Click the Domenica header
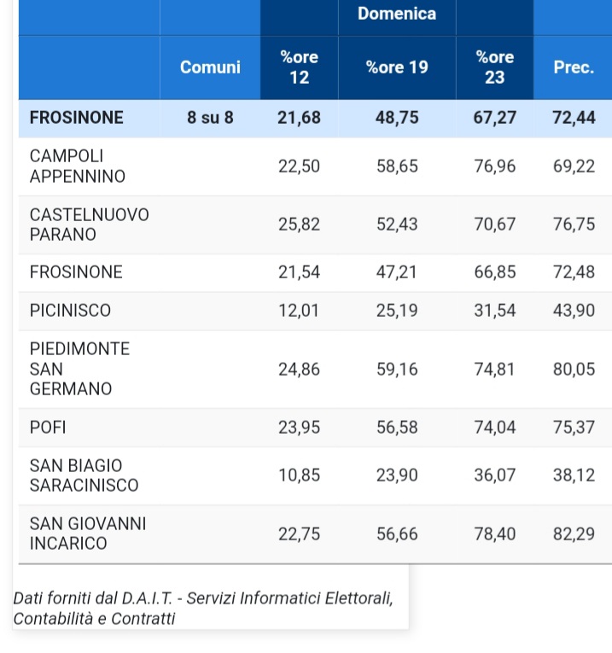point(397,14)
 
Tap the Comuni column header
point(210,67)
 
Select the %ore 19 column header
point(397,67)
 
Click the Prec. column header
point(574,67)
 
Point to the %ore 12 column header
point(299,67)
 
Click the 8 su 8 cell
point(210,118)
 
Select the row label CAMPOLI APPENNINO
point(78,166)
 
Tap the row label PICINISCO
point(70,311)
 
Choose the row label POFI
point(49,428)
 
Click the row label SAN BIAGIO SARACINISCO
point(84,475)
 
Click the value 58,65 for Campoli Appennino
point(397,166)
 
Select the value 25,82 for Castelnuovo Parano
point(299,224)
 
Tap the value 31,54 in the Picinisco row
point(495,311)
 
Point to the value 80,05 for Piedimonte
point(574,369)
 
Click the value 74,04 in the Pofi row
point(495,428)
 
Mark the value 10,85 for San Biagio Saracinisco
point(299,475)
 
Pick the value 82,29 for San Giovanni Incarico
point(574,533)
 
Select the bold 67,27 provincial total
point(495,118)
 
